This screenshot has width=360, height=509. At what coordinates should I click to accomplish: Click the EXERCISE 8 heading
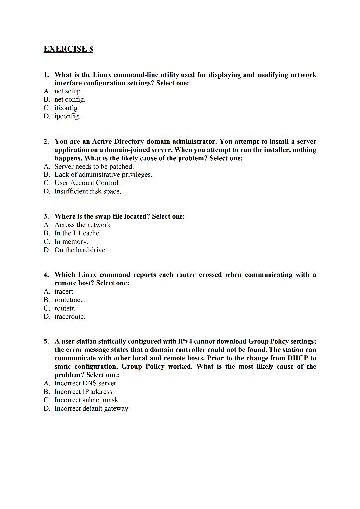tap(68, 49)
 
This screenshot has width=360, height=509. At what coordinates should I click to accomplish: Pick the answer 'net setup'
tap(68, 91)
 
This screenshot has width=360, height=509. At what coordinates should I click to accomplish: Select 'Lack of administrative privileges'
tap(103, 174)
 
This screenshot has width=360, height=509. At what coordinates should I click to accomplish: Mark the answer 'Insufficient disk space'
tap(88, 191)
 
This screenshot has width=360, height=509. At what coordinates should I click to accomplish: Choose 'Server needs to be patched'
tap(94, 166)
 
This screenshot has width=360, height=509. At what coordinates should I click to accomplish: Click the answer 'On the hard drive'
tap(81, 250)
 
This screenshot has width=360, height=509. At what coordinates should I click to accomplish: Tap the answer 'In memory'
tap(71, 241)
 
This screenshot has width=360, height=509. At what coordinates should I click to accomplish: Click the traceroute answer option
tap(70, 316)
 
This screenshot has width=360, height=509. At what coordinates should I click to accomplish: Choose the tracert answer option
tap(64, 291)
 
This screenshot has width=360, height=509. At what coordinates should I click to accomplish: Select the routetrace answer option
tap(70, 300)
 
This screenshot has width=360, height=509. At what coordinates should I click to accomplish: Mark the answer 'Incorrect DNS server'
tap(85, 383)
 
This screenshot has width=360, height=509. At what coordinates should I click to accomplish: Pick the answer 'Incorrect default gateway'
tap(91, 408)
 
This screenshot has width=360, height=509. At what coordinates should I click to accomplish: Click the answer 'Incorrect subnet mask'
tap(86, 400)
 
